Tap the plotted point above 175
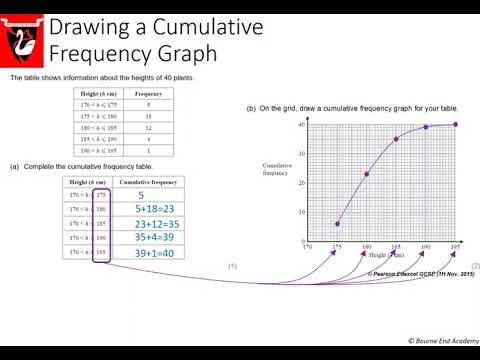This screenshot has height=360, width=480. click(337, 223)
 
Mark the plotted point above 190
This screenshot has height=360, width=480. click(426, 127)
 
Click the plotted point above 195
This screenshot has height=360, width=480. click(456, 124)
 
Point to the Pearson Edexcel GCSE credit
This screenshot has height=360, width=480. click(419, 273)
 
